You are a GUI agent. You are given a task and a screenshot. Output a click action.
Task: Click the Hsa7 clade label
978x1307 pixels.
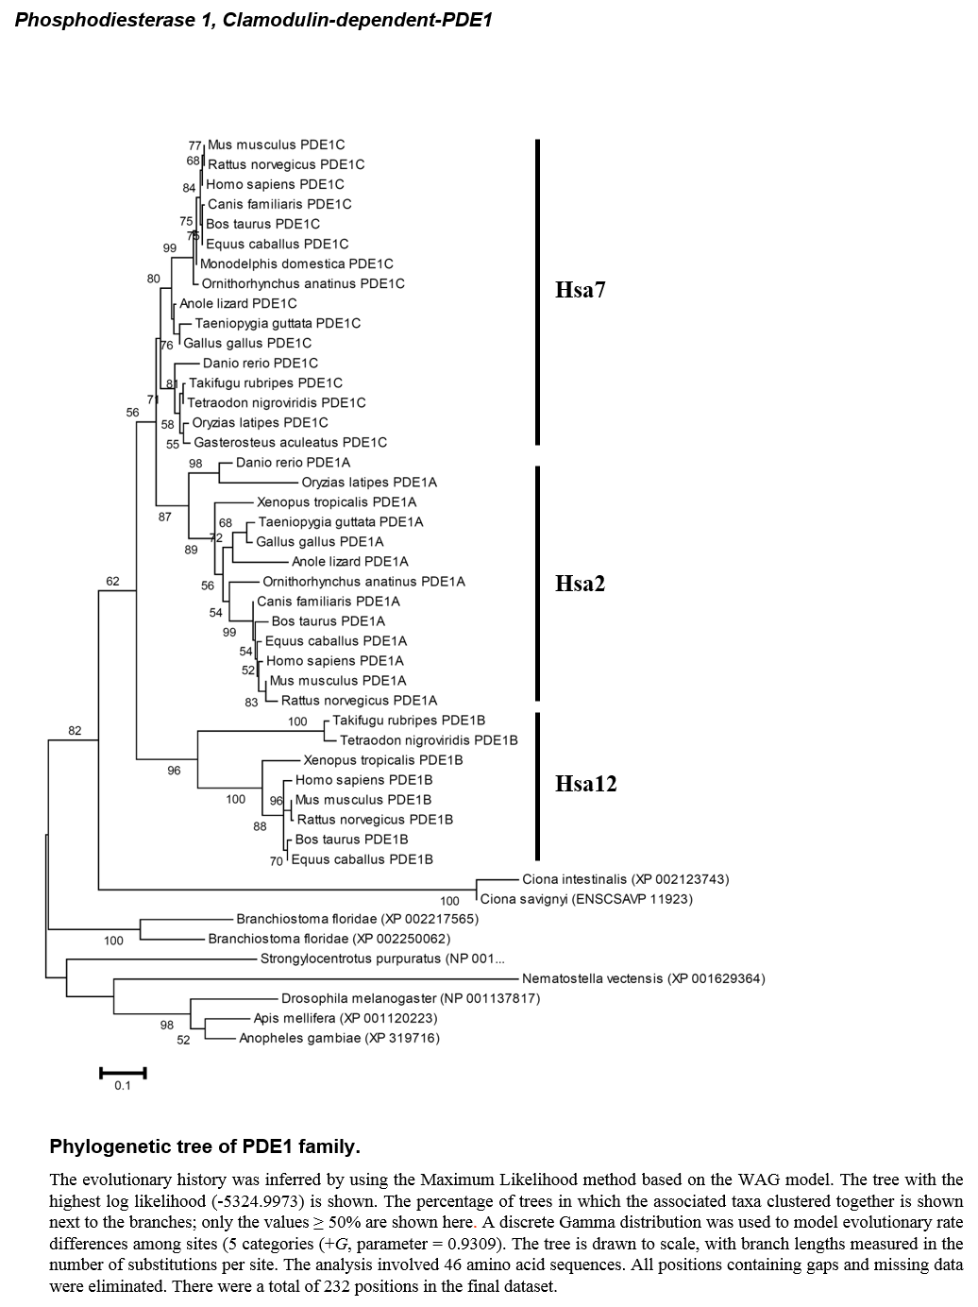tap(580, 290)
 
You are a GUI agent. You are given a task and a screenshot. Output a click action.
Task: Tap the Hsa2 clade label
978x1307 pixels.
tap(580, 584)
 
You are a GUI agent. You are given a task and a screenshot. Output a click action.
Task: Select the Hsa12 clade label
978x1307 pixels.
tap(585, 784)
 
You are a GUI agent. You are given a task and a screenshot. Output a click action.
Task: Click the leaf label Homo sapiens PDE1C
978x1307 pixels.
tap(275, 184)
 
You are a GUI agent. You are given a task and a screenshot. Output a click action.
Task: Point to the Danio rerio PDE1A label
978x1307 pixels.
tap(293, 463)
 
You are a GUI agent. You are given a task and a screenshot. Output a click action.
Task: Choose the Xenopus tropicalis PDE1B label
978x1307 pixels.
tap(382, 760)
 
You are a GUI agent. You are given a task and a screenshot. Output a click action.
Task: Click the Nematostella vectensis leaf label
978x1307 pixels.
tap(644, 979)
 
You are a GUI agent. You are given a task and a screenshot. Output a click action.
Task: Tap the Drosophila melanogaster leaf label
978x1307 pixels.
tap(411, 998)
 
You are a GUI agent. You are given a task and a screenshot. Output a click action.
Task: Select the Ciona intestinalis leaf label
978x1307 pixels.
tap(626, 879)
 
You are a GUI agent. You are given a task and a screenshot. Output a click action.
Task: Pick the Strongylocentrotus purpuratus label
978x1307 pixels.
tap(382, 959)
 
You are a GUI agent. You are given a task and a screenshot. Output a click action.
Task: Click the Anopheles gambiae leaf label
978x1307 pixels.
tap(339, 1039)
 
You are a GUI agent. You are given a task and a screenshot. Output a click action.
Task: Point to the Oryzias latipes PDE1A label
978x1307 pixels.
tap(369, 483)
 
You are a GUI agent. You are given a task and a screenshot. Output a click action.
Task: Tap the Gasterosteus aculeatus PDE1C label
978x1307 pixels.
tap(290, 442)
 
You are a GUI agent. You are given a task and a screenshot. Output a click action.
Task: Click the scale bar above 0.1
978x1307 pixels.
tap(124, 1073)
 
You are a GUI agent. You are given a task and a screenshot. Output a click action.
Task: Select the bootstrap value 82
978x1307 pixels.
tap(75, 731)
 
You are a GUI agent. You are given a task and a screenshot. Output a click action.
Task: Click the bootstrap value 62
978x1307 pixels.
tap(112, 581)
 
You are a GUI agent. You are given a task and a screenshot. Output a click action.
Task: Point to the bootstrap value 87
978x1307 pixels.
tap(165, 517)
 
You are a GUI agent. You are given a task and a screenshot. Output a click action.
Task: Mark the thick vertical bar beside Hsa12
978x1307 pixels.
tap(537, 787)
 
